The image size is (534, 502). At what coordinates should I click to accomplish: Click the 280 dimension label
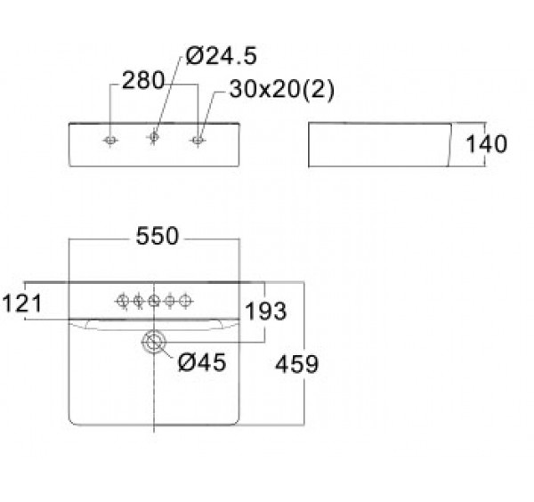(x=143, y=81)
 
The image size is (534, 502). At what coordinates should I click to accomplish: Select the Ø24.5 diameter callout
(x=222, y=55)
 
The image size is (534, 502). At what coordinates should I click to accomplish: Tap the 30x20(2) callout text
(x=282, y=90)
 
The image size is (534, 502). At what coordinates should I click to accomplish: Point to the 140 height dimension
(x=486, y=143)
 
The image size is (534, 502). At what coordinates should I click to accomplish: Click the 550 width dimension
(x=157, y=236)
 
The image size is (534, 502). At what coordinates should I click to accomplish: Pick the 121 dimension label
(x=21, y=303)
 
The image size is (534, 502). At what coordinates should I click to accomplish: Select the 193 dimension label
(x=265, y=311)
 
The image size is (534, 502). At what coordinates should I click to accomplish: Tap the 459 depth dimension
(x=296, y=364)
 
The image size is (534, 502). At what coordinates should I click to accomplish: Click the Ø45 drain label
(x=202, y=361)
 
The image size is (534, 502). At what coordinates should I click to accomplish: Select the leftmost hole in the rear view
(x=110, y=140)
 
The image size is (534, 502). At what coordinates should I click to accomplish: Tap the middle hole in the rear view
(x=154, y=137)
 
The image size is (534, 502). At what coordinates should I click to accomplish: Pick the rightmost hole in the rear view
(x=198, y=140)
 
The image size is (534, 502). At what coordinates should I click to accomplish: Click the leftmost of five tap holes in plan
(x=123, y=301)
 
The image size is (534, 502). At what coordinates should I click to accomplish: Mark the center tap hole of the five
(x=154, y=301)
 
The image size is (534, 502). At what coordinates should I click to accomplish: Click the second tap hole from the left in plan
(x=138, y=301)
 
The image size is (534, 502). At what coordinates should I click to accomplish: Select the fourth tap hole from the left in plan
(x=170, y=301)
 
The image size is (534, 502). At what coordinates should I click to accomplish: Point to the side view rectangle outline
(x=309, y=145)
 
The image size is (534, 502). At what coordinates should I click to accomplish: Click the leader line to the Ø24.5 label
(x=167, y=95)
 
